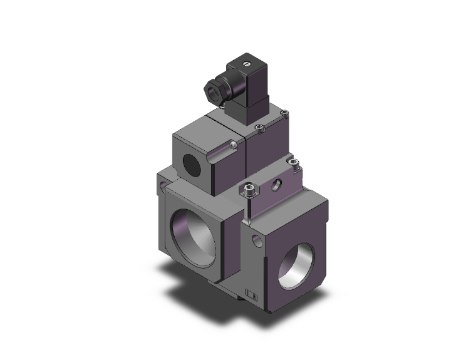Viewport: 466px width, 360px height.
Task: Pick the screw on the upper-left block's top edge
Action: (234, 146)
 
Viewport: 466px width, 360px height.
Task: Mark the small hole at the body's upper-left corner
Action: (165, 186)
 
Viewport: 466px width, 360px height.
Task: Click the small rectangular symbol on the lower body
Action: (251, 295)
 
